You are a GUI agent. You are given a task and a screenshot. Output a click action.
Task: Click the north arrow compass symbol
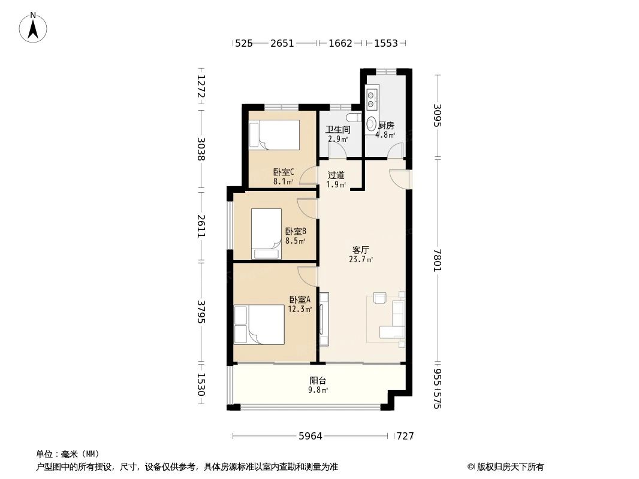[x=34, y=27]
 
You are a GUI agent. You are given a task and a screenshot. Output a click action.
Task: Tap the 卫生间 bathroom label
[x=337, y=129]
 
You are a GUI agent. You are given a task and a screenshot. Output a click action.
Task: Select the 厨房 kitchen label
[x=386, y=126]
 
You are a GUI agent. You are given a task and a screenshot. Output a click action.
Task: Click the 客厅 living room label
[x=360, y=250]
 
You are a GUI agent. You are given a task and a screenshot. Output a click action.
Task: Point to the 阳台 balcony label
[x=318, y=380]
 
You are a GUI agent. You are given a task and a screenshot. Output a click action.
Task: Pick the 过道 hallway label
[x=336, y=175]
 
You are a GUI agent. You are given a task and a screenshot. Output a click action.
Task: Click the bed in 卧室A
[x=259, y=325]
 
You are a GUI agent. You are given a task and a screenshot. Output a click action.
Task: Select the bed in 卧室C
[x=274, y=135]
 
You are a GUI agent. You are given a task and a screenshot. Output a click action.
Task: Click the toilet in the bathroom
[x=354, y=117]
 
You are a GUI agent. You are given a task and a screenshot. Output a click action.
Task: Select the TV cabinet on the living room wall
[x=324, y=319]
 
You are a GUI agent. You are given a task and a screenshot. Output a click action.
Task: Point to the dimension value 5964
[x=311, y=436]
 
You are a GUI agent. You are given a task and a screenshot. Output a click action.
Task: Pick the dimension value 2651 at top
[x=282, y=43]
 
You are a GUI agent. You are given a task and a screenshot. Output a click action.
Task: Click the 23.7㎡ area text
[x=360, y=260]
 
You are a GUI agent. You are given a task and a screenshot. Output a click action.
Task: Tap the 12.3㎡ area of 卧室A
[x=300, y=309]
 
